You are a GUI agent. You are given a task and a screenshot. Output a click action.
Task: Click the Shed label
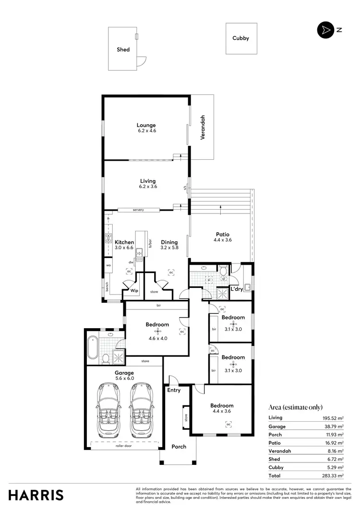[123, 49]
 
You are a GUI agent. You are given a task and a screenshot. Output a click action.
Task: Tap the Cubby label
[240, 38]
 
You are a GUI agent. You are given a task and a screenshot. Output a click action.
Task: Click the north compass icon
[325, 30]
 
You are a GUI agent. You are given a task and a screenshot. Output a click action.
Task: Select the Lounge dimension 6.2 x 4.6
[146, 130]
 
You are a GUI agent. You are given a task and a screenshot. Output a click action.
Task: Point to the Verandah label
[203, 127]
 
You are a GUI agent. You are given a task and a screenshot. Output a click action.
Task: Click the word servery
[138, 210]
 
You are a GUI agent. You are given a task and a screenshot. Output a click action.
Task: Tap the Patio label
[222, 234]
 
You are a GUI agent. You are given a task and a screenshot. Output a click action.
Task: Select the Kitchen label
[124, 242]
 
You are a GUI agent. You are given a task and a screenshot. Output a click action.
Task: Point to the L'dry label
[237, 289]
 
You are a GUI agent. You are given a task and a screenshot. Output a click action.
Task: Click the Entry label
[174, 390]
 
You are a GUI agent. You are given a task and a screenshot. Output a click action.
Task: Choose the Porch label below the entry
[179, 447]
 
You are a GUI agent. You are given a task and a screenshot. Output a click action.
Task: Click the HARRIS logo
[36, 495]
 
